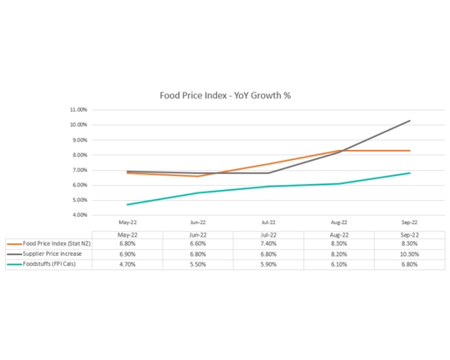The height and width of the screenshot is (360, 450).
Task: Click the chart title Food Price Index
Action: click(x=225, y=95)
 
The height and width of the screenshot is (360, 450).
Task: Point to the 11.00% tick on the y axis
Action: click(x=77, y=109)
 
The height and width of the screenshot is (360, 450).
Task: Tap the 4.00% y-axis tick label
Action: click(x=77, y=215)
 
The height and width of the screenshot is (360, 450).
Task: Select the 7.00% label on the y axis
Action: click(x=77, y=170)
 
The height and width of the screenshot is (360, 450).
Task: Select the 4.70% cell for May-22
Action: click(x=127, y=264)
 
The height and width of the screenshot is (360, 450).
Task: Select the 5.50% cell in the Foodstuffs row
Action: click(x=197, y=264)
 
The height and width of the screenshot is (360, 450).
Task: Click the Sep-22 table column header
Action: click(x=409, y=233)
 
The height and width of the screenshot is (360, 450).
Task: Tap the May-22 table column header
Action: click(x=127, y=233)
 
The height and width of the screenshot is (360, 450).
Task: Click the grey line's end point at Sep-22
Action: click(x=409, y=121)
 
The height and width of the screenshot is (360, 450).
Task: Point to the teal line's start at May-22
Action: click(x=127, y=204)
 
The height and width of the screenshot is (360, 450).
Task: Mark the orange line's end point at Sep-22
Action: click(x=409, y=151)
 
